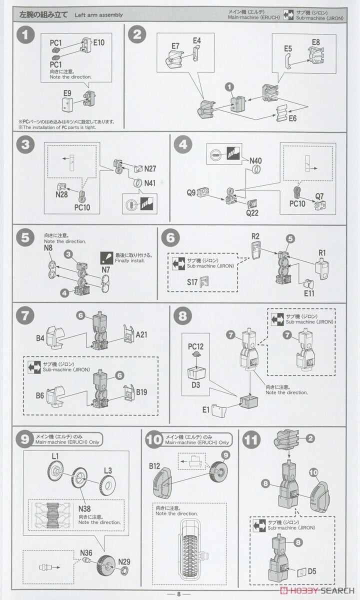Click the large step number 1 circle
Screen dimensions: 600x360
[x=25, y=35]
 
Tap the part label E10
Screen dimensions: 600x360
[x=99, y=43]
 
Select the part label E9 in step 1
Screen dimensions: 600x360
[x=67, y=93]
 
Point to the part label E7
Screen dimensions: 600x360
[x=175, y=46]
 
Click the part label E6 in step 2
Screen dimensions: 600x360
[x=291, y=118]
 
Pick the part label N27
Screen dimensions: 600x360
[x=150, y=169]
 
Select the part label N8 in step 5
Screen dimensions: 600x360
[x=48, y=247]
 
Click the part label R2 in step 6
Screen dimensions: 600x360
[x=255, y=236]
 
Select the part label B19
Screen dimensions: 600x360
[x=142, y=392]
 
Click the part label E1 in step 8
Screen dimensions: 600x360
[x=206, y=409]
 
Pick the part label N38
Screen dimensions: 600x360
[x=85, y=508]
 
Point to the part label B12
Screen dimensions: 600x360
[x=154, y=466]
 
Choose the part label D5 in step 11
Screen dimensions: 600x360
[x=312, y=571]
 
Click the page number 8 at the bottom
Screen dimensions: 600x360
[x=179, y=594]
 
